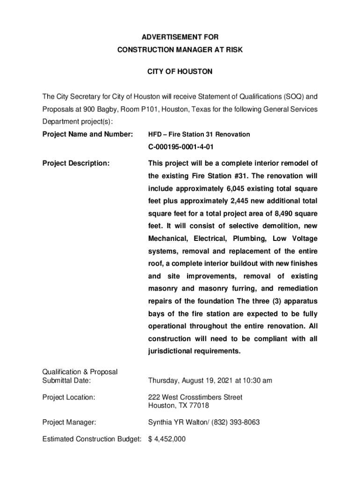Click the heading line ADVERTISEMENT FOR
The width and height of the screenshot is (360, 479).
pyautogui.click(x=180, y=37)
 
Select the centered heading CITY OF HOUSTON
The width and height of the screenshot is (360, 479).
pyautogui.click(x=180, y=72)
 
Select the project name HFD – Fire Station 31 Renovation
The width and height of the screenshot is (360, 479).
pyautogui.click(x=199, y=134)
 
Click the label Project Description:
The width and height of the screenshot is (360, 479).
pyautogui.click(x=76, y=163)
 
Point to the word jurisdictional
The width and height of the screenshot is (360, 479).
pyautogui.click(x=171, y=351)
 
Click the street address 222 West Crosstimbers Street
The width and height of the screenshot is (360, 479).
pyautogui.click(x=195, y=397)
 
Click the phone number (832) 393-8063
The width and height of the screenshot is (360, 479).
pyautogui.click(x=236, y=422)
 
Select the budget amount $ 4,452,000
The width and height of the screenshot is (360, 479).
pyautogui.click(x=167, y=439)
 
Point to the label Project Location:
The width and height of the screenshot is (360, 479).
pyautogui.click(x=69, y=397)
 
